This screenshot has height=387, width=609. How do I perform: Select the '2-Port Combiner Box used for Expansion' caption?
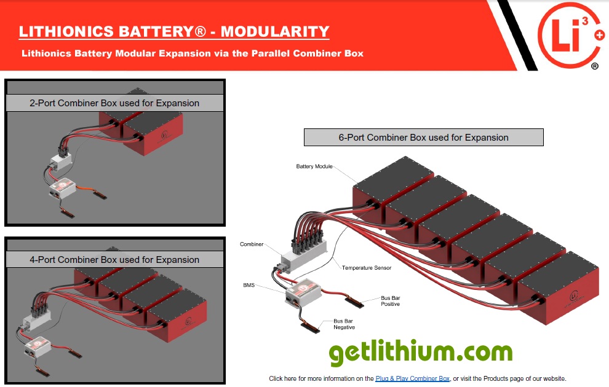pyautogui.click(x=114, y=103)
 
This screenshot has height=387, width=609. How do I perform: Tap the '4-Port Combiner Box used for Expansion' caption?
pyautogui.click(x=114, y=260)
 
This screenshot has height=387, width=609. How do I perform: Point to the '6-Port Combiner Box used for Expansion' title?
pyautogui.click(x=423, y=138)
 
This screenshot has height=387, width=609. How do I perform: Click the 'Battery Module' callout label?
pyautogui.click(x=314, y=166)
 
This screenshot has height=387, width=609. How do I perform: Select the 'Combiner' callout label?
pyautogui.click(x=252, y=244)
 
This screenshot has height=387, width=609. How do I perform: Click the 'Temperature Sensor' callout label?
pyautogui.click(x=367, y=268)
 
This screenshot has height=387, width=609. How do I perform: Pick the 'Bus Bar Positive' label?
pyautogui.click(x=390, y=300)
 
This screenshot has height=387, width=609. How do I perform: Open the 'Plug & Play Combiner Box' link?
pyautogui.click(x=412, y=378)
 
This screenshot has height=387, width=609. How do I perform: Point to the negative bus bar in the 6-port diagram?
pyautogui.click(x=311, y=326)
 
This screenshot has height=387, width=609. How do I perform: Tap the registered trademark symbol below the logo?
pyautogui.click(x=594, y=66)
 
